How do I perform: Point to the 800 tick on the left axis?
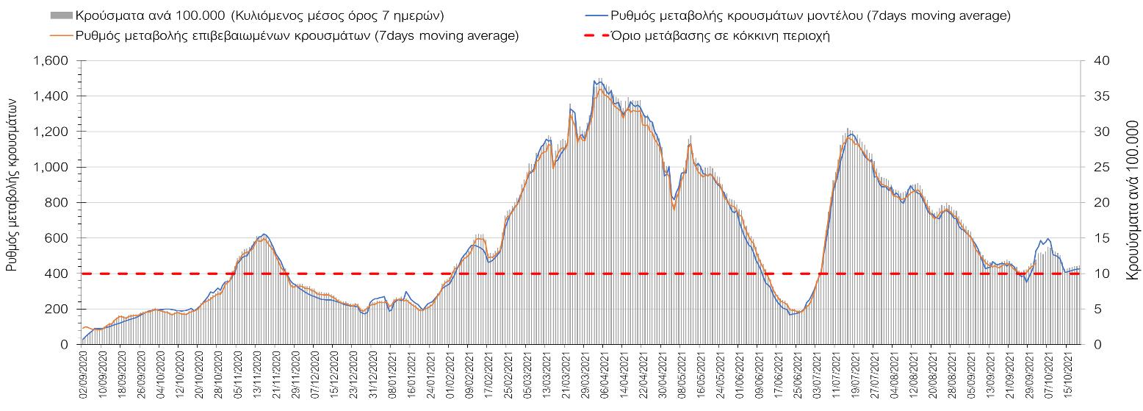(57, 203)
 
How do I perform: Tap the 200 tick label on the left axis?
(57, 309)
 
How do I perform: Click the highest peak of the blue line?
(595, 81)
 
